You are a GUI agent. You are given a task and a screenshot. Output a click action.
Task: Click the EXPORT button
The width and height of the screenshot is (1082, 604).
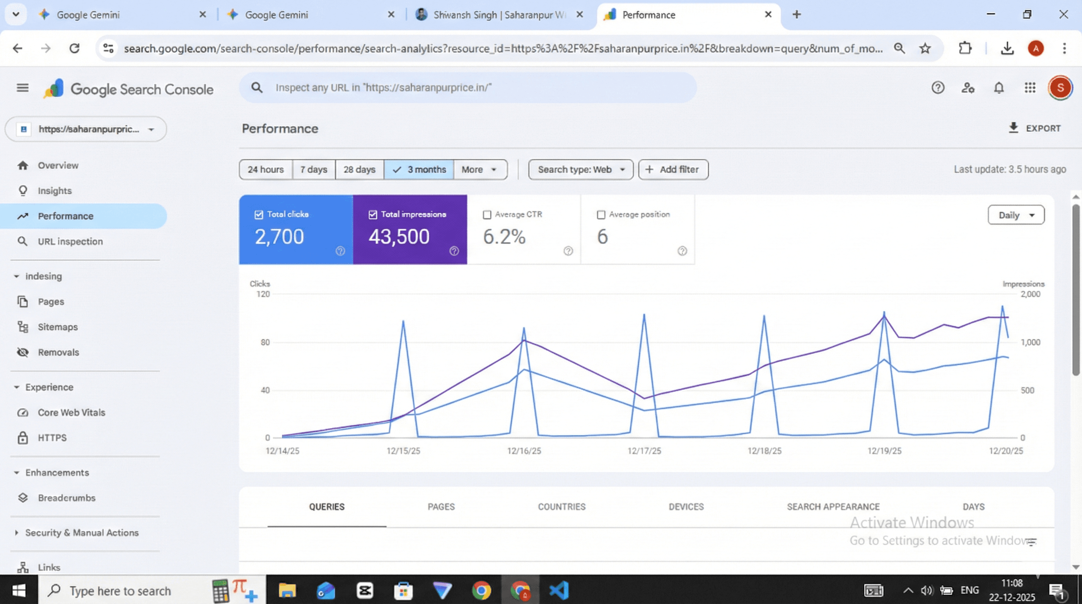1034,128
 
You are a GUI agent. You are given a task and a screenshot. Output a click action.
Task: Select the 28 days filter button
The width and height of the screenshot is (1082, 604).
359,169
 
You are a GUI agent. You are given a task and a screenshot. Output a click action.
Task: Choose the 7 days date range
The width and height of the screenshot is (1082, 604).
313,169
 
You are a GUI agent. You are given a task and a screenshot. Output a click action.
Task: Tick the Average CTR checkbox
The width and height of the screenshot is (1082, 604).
487,215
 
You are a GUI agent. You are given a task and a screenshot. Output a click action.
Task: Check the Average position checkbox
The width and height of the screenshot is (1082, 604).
601,215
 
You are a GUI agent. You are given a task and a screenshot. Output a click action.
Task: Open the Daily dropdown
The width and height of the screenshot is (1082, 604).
1016,215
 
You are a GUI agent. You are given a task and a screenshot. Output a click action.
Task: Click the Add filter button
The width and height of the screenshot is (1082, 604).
673,169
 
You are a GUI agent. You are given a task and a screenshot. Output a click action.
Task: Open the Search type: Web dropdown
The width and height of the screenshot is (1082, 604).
580,169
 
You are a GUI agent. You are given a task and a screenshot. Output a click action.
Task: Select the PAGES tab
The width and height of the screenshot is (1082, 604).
441,506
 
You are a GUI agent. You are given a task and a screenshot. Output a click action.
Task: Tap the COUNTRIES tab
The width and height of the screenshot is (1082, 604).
561,506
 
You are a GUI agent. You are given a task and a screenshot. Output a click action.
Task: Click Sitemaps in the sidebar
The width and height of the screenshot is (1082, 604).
57,327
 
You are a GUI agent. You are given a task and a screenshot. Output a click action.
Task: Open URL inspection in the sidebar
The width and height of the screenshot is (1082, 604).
70,241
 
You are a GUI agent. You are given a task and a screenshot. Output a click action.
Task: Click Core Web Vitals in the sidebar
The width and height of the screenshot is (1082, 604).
72,412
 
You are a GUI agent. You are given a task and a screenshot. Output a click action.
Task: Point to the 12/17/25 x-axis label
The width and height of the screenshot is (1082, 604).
644,451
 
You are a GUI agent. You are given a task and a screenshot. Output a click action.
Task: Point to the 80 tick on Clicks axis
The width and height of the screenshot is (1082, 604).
265,343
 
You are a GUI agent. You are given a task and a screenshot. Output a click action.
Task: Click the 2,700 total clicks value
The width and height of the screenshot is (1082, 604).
279,236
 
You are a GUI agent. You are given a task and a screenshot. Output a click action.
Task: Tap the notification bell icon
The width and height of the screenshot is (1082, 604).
999,88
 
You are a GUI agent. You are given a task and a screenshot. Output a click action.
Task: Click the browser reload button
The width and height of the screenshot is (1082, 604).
74,48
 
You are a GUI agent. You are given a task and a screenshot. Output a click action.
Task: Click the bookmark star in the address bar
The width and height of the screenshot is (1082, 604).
925,48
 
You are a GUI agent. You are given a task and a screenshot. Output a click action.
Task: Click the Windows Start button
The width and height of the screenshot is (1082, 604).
19,591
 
